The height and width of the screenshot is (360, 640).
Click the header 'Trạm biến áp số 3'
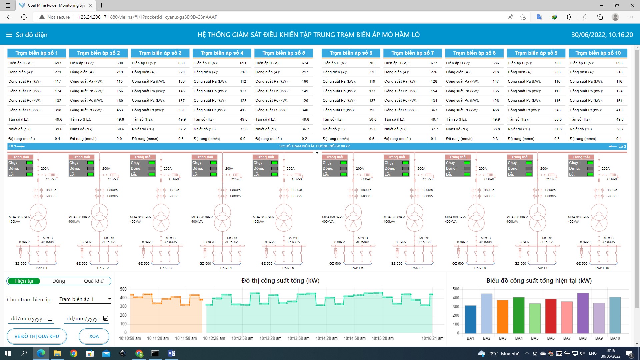(x=160, y=53)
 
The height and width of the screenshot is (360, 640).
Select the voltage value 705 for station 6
(x=372, y=63)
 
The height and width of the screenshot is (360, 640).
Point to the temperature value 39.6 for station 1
(x=58, y=129)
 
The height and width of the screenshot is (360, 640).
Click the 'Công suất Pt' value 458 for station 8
(x=496, y=110)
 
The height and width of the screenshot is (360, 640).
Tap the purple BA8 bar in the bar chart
(x=583, y=313)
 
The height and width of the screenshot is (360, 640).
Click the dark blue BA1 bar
(x=470, y=319)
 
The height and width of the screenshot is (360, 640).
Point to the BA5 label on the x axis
(x=535, y=338)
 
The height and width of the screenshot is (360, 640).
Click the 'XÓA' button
(x=94, y=336)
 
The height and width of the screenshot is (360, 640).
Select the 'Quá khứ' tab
(x=94, y=281)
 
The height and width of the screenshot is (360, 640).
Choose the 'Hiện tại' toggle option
(x=24, y=281)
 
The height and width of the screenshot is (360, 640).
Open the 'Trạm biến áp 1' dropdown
(x=85, y=299)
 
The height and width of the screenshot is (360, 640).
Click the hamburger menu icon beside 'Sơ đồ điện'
(x=9, y=35)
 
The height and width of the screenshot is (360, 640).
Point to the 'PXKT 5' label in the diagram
(x=288, y=268)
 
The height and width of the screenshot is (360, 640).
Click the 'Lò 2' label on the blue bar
(x=622, y=146)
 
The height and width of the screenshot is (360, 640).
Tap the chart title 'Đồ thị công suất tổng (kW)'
(x=280, y=281)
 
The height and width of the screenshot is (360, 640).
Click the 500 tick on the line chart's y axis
(x=123, y=289)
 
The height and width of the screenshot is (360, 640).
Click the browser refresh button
(x=24, y=17)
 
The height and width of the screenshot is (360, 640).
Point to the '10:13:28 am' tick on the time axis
(x=270, y=338)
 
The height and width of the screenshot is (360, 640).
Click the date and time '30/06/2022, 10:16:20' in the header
(x=602, y=35)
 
